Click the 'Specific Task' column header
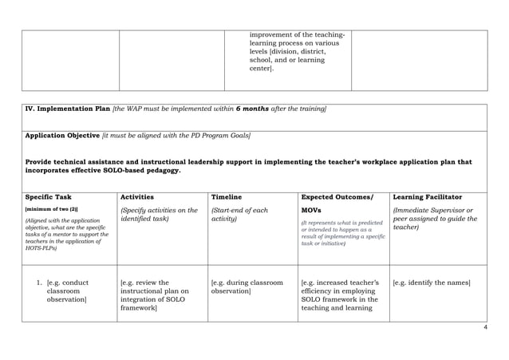point(49,196)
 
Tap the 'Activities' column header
point(136,196)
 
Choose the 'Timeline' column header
point(226,196)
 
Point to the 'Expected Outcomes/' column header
point(336,196)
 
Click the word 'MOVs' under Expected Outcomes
point(313,210)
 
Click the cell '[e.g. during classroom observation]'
point(247,287)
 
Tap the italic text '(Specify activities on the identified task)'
point(158,214)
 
